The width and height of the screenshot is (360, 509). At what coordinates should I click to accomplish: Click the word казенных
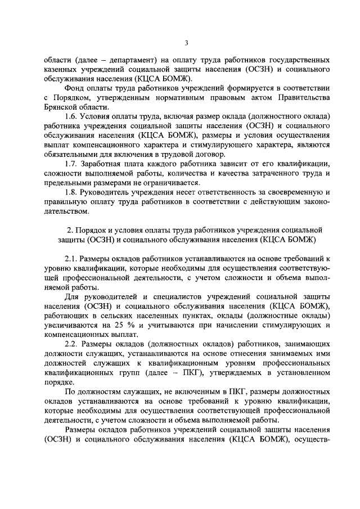point(61,69)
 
